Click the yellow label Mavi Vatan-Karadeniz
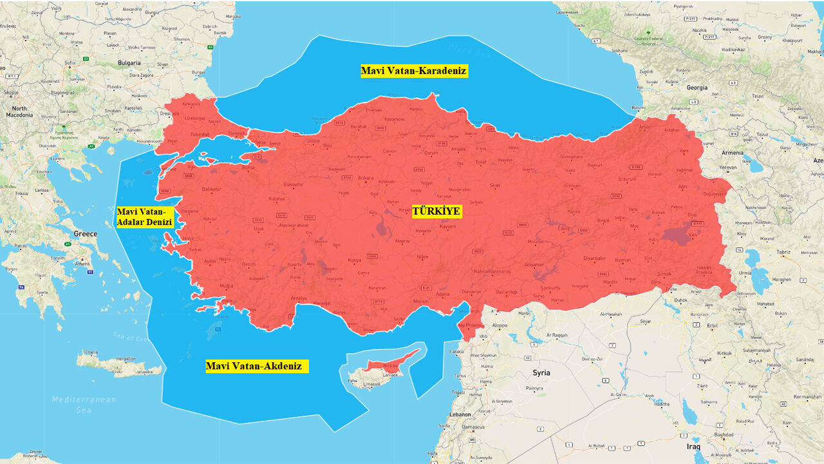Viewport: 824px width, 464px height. (414, 71)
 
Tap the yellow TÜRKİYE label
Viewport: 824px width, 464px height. (437, 211)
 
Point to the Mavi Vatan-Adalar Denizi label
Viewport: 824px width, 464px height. (145, 217)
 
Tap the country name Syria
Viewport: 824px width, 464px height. (541, 372)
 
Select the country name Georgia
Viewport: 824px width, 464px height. (697, 87)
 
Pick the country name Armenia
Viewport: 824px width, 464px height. (732, 153)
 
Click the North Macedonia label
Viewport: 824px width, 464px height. (19, 111)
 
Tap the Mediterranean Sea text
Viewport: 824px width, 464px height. (84, 404)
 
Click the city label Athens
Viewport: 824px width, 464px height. (83, 264)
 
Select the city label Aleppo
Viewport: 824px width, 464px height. (499, 325)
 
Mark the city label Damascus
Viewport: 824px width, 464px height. (473, 427)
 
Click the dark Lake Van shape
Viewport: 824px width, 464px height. (676, 236)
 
